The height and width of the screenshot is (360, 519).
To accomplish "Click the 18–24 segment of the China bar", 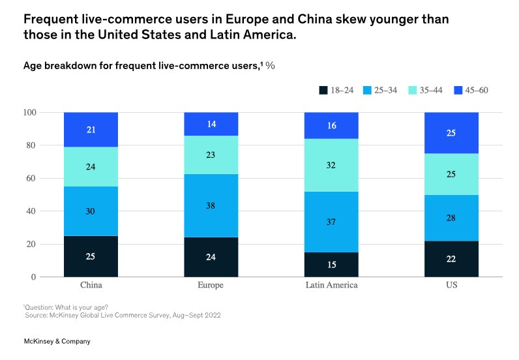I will (x=91, y=256).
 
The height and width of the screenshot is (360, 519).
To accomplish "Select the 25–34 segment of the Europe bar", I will (x=211, y=205).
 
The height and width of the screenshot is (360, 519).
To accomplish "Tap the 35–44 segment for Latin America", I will (x=331, y=165).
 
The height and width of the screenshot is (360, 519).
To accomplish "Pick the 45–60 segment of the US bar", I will (x=451, y=132).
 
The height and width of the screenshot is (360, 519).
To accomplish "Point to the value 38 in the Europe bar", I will (x=211, y=205).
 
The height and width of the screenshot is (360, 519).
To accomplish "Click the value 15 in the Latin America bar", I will (x=331, y=265).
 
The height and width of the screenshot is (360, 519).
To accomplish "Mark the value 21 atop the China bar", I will (x=91, y=130).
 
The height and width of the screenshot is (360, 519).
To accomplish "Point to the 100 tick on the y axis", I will (x=30, y=113).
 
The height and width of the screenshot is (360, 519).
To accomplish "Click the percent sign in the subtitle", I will (x=270, y=66).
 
